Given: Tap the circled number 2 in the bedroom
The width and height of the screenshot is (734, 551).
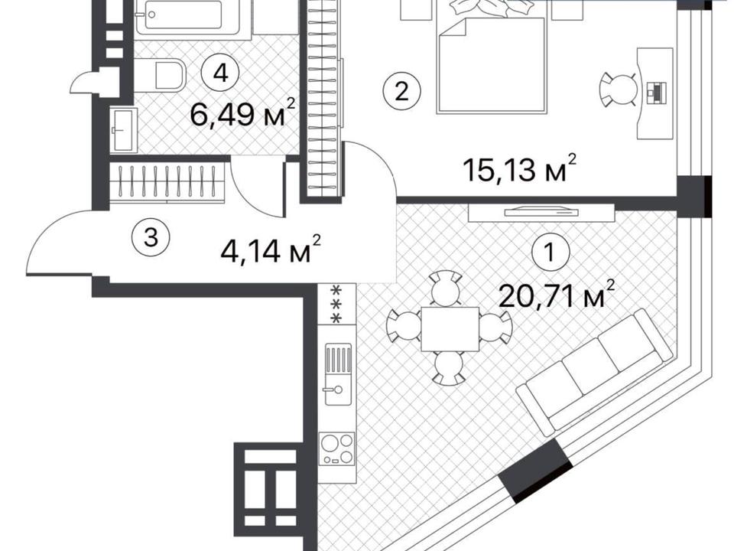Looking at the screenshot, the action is point(401,91).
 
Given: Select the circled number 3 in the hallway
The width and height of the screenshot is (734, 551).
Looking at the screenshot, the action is point(151,238).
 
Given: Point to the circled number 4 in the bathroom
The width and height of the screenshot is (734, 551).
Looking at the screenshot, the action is point(220,73).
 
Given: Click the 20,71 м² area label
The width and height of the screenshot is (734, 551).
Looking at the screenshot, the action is point(557,295).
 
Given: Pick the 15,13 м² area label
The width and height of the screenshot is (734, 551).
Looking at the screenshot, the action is point(520,168).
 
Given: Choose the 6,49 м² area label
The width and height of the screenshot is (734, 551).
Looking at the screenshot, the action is point(243,113).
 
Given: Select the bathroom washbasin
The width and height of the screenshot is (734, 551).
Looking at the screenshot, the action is point(124,129).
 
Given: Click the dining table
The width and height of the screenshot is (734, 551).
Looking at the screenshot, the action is point(450,329).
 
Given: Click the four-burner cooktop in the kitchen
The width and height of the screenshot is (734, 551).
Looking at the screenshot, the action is point(336,449).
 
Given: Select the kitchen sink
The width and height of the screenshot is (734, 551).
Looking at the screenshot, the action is point(338,374).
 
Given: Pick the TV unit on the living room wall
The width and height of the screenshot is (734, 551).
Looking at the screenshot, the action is point(541,213).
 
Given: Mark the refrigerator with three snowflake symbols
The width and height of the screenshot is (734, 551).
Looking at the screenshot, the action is point(336,303).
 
